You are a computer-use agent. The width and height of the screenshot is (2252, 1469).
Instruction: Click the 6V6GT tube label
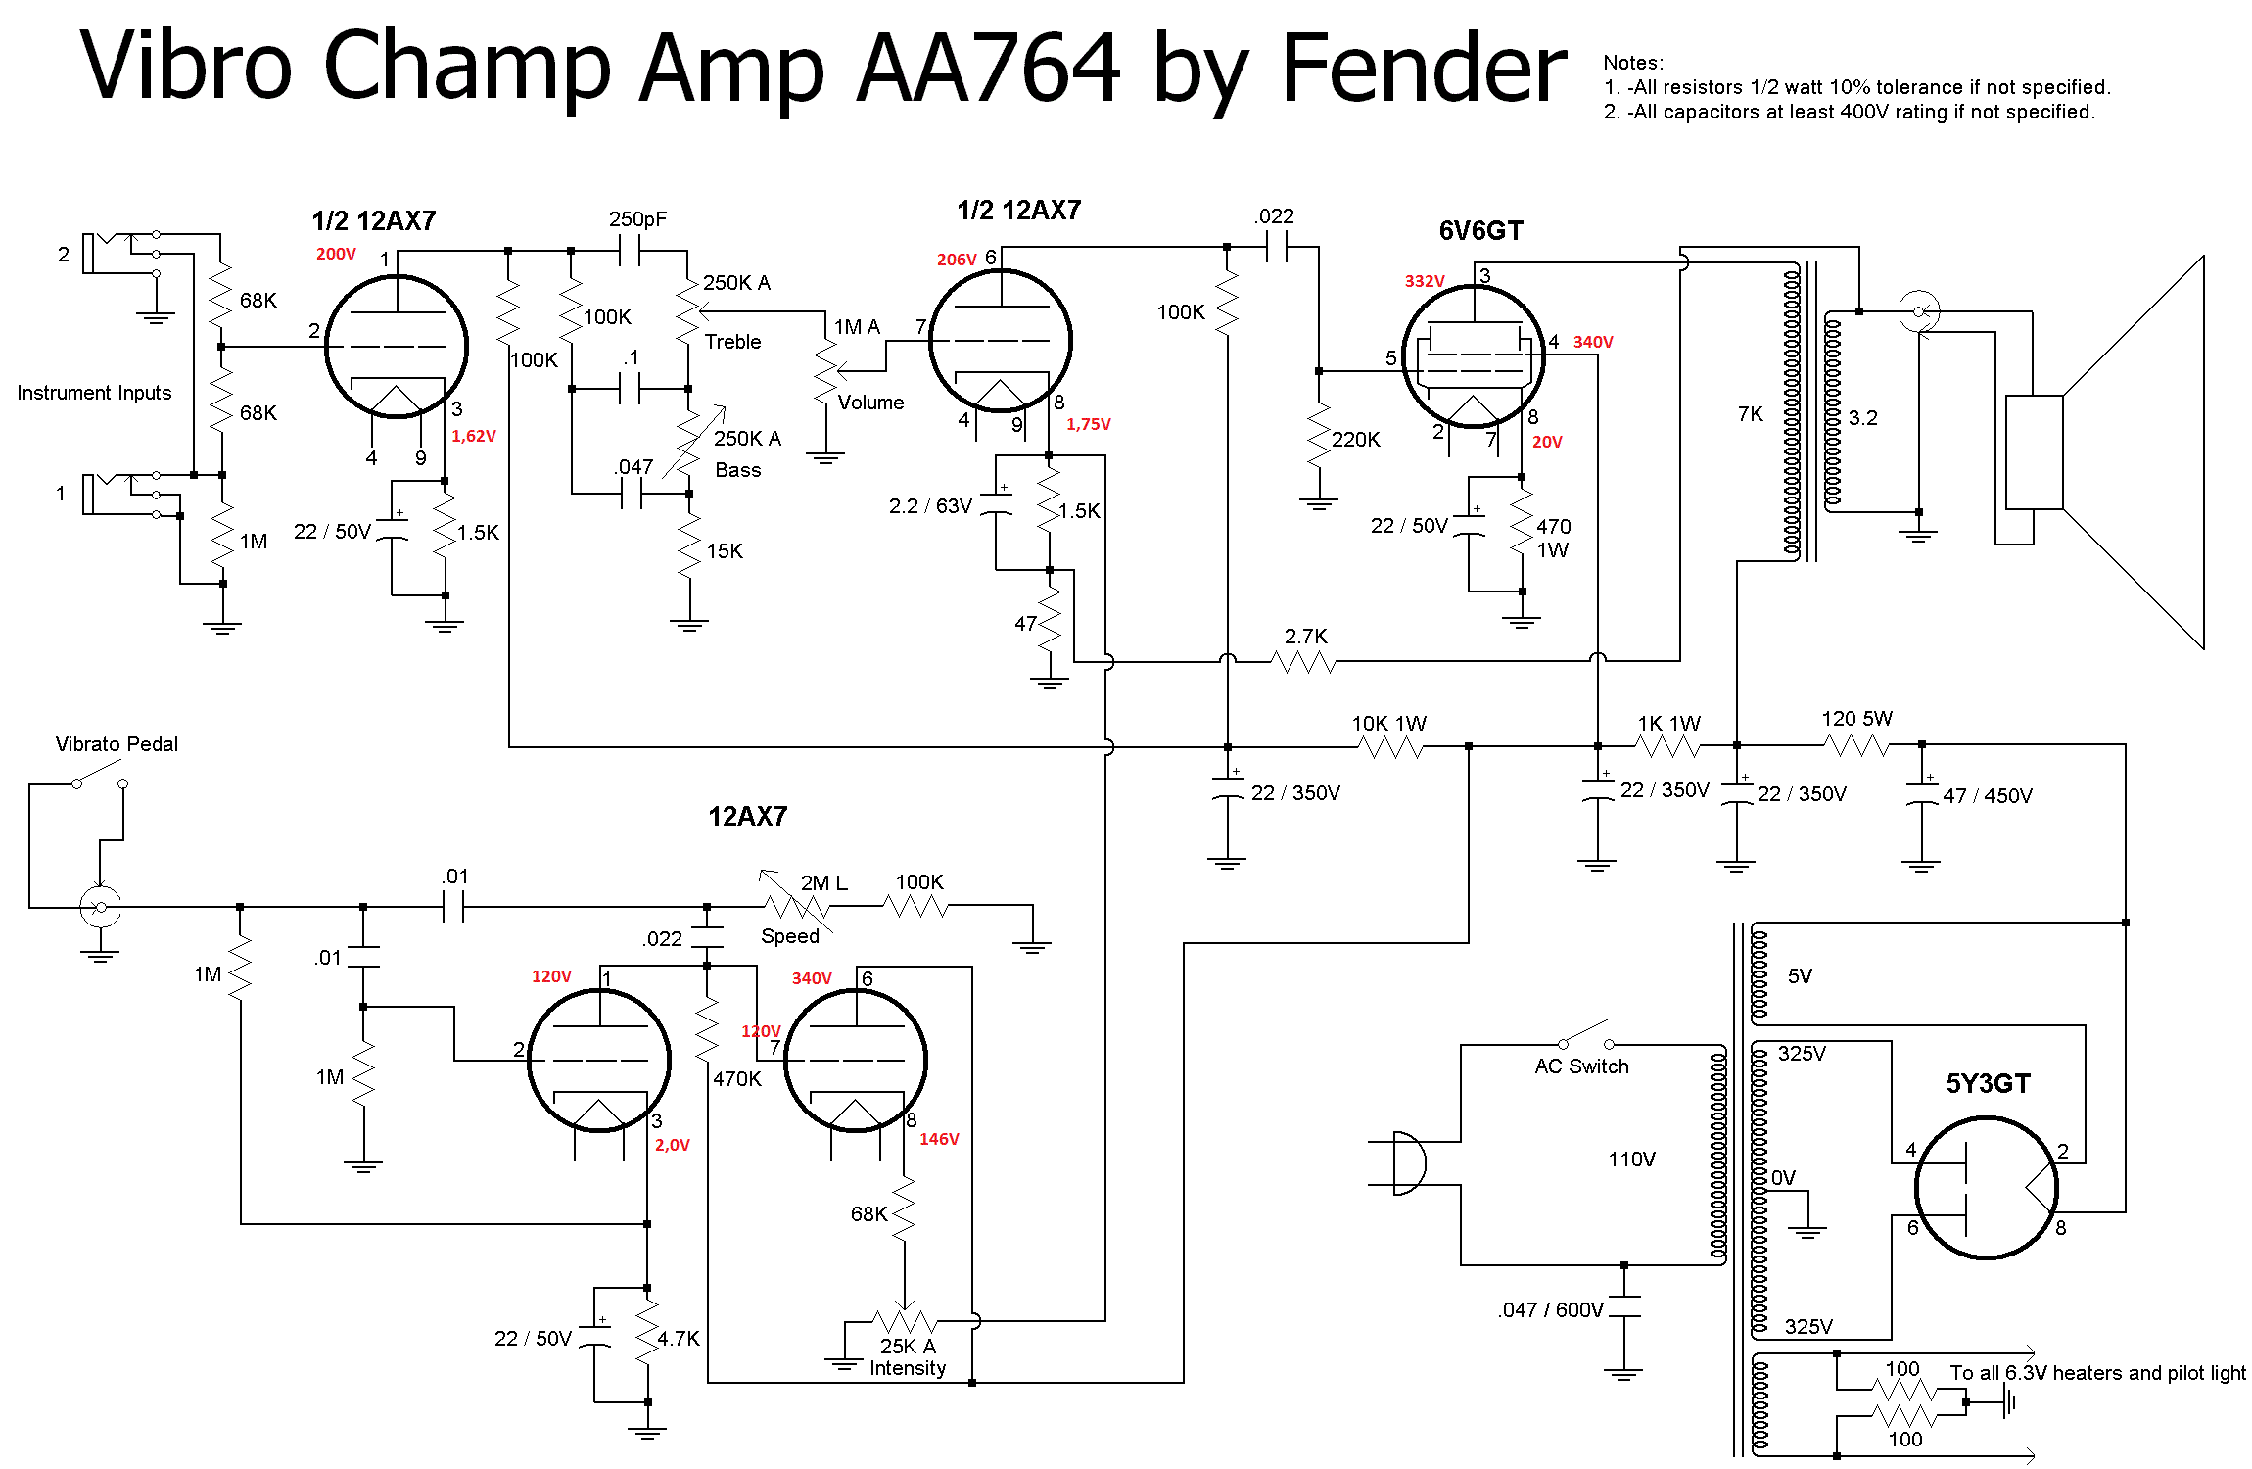(x=1480, y=231)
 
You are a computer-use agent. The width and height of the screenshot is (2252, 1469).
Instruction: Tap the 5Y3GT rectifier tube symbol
(x=1986, y=1187)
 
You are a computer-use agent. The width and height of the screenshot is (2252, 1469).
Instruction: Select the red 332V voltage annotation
(x=1425, y=281)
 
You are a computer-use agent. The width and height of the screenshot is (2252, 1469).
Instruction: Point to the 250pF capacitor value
(x=637, y=219)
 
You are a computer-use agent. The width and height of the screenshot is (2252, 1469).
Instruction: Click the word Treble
(x=732, y=342)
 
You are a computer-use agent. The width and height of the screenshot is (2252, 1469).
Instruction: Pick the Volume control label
(x=870, y=403)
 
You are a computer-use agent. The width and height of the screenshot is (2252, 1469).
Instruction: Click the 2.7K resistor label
(x=1305, y=637)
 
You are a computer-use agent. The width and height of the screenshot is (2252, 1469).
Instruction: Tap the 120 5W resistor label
(x=1856, y=719)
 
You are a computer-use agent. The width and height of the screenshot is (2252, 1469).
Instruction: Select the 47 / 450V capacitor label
(x=1987, y=796)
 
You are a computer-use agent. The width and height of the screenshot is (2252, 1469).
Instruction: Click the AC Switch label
(x=1581, y=1066)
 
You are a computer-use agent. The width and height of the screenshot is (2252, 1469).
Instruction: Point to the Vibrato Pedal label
(x=117, y=744)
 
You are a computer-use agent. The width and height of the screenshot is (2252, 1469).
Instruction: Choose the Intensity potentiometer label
(x=908, y=1368)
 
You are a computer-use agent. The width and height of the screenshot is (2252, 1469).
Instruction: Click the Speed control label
(x=789, y=936)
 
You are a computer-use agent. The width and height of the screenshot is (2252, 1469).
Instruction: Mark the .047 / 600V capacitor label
(x=1550, y=1310)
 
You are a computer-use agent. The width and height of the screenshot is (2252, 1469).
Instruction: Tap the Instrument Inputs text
(x=94, y=393)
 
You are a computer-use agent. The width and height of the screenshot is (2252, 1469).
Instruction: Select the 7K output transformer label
(x=1750, y=414)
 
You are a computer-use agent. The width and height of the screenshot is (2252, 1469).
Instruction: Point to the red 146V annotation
(x=939, y=1139)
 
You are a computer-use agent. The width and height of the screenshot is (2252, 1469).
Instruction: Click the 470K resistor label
(x=736, y=1079)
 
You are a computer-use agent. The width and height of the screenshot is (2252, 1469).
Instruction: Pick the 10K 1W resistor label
(x=1388, y=724)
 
